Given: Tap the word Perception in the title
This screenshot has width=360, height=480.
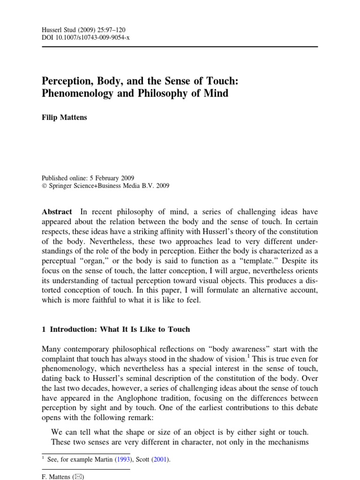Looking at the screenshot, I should (70, 80).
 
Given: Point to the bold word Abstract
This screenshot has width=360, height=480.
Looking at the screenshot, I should (58, 212).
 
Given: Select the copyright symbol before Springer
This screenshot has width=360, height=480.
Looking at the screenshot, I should (45, 186).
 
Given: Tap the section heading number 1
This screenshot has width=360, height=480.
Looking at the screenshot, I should (44, 329).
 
